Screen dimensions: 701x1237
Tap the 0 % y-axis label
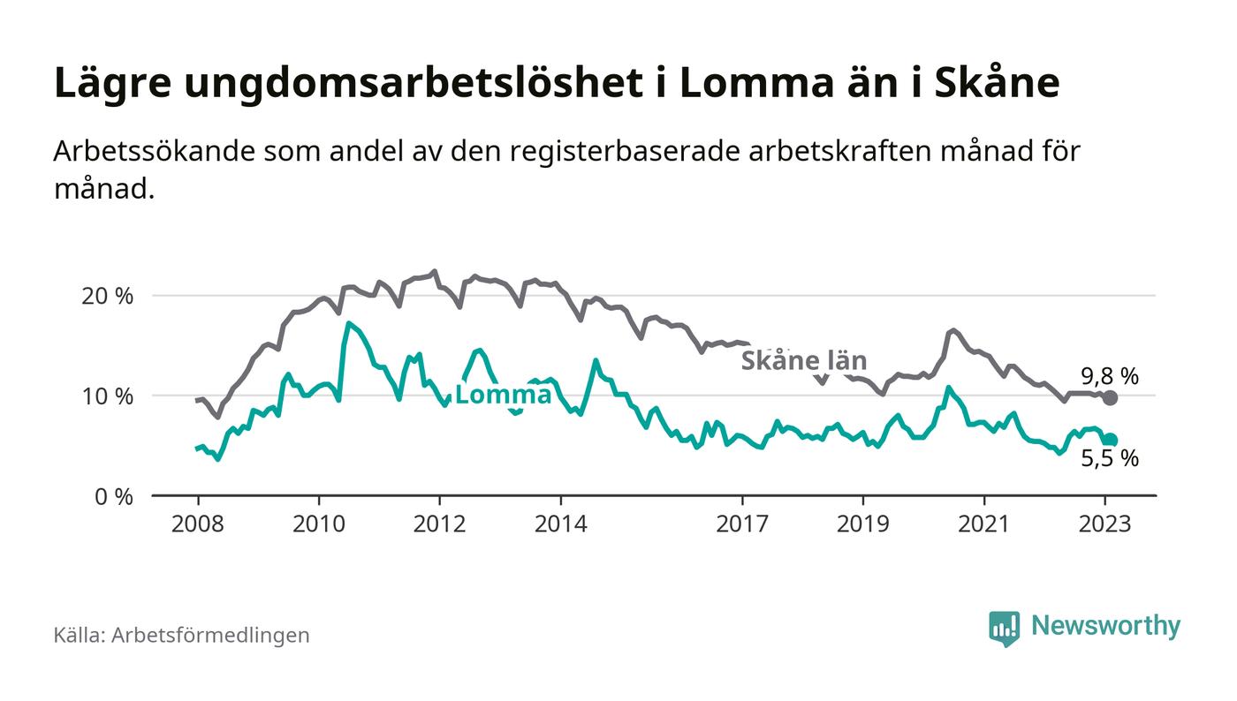pos(112,497)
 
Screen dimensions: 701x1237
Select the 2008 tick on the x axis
pos(198,524)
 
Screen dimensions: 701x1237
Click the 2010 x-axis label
pos(318,524)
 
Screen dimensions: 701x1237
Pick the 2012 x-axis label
pos(439,524)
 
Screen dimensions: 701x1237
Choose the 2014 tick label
pos(560,524)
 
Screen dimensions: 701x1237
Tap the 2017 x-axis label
pos(742,524)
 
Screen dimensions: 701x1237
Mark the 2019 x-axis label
pos(862,524)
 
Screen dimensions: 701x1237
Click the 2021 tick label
pos(983,524)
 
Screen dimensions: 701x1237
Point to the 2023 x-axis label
pos(1104,524)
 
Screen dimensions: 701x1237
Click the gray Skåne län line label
pos(803,360)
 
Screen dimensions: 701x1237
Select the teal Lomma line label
pos(503,395)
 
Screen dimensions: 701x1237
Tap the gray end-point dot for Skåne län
pos(1111,398)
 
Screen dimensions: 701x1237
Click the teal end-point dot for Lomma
pos(1111,440)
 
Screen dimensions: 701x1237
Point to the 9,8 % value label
pos(1110,377)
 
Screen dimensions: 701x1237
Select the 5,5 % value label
pos(1110,459)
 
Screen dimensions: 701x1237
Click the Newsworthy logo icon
pos(1004,628)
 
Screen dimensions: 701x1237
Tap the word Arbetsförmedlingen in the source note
pos(210,635)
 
